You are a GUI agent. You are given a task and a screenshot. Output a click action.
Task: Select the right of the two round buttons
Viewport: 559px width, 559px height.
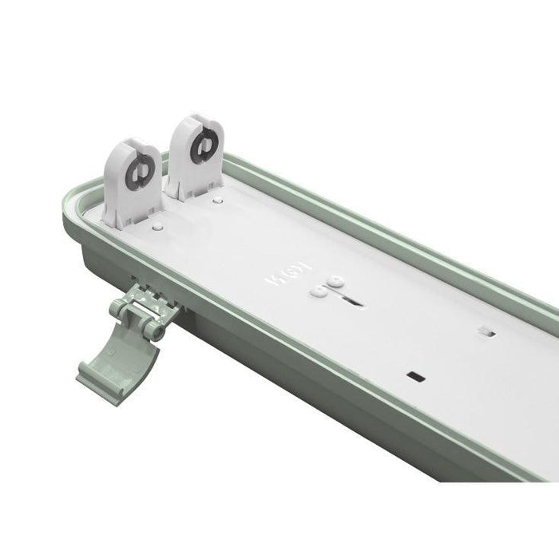click(336, 281)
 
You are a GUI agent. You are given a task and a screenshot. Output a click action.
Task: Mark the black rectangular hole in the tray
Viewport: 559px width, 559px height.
click(414, 374)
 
